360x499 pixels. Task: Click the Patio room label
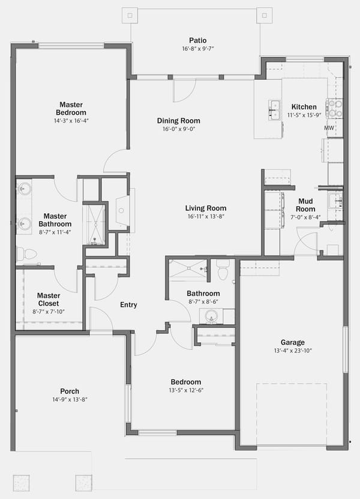coord(198,40)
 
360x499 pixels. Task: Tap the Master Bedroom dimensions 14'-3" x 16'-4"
coord(71,121)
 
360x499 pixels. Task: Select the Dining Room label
coord(179,121)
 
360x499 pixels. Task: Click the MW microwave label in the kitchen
coord(329,128)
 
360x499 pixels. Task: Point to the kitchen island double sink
coord(274,110)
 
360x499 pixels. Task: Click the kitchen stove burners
coord(335,108)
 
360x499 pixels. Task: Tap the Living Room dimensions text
coord(206,216)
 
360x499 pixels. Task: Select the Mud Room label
coord(305,205)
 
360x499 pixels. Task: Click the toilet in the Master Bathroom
coord(26,254)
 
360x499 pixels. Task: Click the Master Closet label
coord(49,300)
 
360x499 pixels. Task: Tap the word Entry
coord(128,304)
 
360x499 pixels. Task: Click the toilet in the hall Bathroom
coord(223,270)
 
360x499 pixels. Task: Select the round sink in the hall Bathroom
coord(211,316)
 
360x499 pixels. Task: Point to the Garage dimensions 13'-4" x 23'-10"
coord(293,351)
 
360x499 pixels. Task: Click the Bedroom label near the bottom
coord(186,382)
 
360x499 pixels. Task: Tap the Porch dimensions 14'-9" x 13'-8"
coord(70,400)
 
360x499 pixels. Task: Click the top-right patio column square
coord(265,15)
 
